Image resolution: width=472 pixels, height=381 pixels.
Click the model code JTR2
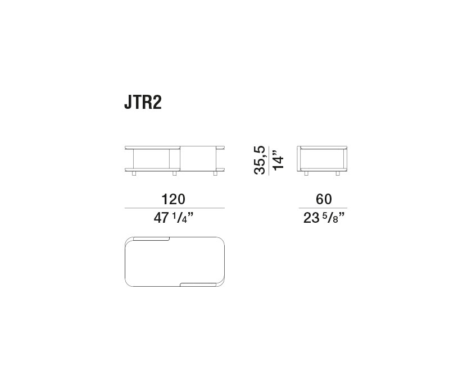(x=143, y=103)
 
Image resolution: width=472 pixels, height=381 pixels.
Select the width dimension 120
(x=174, y=199)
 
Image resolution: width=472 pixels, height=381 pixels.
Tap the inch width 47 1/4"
(x=174, y=219)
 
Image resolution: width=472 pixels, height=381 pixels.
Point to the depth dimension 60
(x=324, y=199)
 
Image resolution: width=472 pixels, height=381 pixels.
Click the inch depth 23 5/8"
(x=324, y=219)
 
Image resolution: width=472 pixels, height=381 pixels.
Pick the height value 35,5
(x=260, y=160)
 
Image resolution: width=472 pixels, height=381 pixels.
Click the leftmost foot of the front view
(x=134, y=175)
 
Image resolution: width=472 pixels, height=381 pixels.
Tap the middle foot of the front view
(x=175, y=175)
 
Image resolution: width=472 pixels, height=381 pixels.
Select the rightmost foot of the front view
(x=215, y=175)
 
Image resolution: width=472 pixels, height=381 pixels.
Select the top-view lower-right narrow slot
(x=198, y=284)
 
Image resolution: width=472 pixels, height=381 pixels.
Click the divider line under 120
(x=174, y=209)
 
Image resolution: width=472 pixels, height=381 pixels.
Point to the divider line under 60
(x=324, y=209)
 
